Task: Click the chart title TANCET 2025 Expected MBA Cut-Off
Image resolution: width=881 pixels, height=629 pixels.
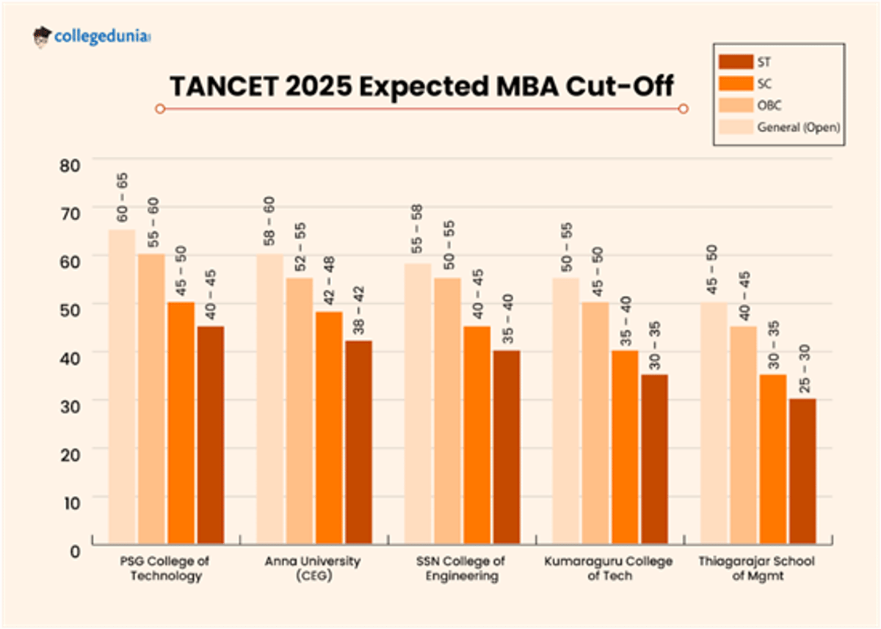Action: (x=422, y=86)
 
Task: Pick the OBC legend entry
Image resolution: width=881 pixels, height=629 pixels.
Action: (x=770, y=105)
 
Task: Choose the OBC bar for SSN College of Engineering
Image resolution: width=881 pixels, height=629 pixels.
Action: (x=447, y=411)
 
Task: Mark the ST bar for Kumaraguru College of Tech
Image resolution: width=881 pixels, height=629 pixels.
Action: (x=654, y=459)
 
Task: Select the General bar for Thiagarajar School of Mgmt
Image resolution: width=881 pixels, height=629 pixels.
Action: (x=713, y=423)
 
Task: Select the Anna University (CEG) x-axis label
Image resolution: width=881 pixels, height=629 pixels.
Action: (x=312, y=569)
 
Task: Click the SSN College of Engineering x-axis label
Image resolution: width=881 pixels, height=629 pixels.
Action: (x=460, y=569)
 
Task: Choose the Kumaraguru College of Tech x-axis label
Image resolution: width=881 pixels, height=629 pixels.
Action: (x=608, y=569)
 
